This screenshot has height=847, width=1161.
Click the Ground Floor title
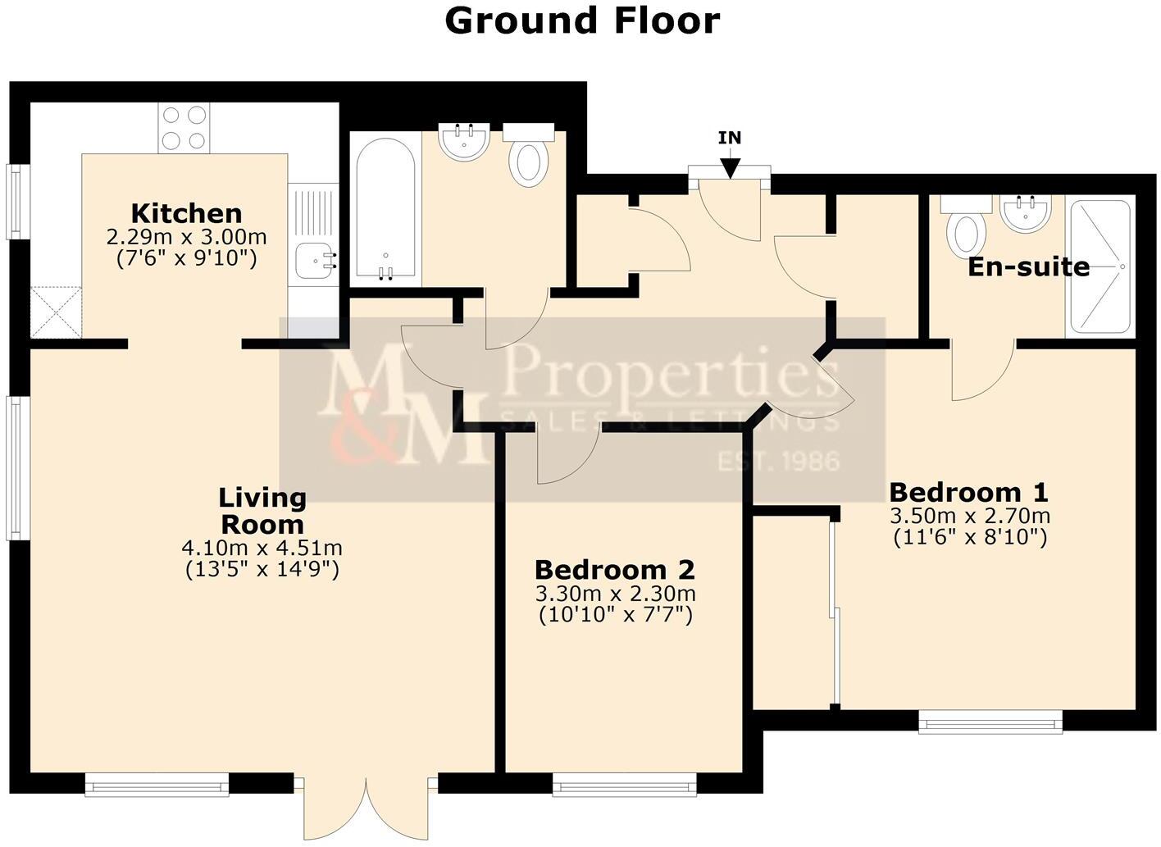(581, 20)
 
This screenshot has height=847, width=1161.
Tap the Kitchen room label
(186, 214)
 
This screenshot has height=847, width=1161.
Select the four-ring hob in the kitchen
(184, 128)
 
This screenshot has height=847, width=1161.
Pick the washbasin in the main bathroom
(464, 142)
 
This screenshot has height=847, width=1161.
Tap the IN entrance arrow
(729, 166)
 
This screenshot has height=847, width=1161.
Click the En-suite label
(1028, 266)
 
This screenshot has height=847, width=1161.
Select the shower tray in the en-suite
(1100, 266)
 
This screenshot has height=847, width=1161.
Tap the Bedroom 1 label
(968, 493)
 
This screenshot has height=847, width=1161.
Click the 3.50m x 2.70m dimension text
(970, 517)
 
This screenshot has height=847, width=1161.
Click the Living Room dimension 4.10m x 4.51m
(262, 548)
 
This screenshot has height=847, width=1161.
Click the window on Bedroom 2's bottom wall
(624, 788)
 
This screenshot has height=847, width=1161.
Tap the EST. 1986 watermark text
(778, 461)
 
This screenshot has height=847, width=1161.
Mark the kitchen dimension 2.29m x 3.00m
(186, 238)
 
